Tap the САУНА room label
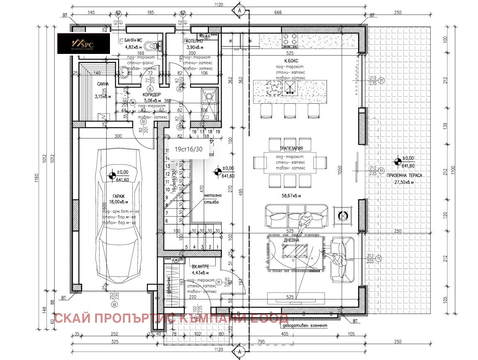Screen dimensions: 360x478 tap(102, 84)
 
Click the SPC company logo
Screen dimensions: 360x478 tap(83, 44)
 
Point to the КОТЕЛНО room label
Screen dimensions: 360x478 tap(194, 41)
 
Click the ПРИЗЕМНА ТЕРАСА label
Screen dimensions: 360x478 tap(404, 175)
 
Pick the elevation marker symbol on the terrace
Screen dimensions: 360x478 tap(398, 161)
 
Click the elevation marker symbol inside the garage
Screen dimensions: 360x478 tap(111, 176)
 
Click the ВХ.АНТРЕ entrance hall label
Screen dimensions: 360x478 tap(200, 267)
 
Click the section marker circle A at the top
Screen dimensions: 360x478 tap(239, 10)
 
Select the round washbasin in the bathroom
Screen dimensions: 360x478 tap(124, 73)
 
